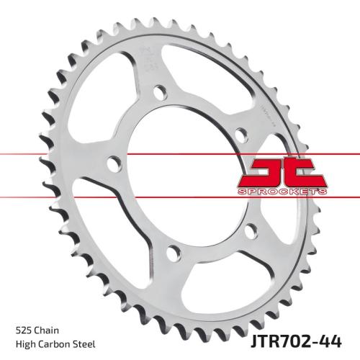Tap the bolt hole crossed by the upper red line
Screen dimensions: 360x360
112,164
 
